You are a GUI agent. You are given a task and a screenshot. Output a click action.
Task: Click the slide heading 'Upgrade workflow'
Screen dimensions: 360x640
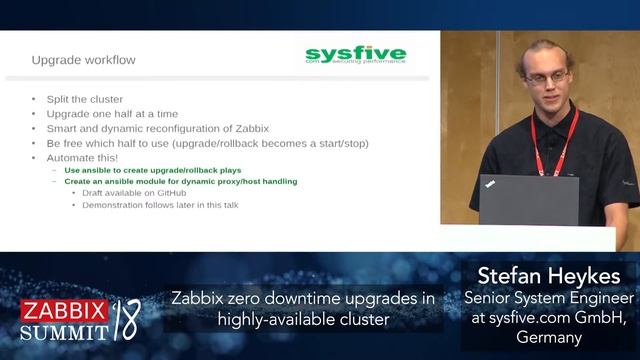point(83,60)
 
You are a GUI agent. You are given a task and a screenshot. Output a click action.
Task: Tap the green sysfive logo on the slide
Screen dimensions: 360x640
point(356,54)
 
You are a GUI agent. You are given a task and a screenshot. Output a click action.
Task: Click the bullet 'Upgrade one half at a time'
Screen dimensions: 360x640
point(112,114)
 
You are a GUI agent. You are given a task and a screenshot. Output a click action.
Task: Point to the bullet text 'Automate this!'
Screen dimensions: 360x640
point(81,158)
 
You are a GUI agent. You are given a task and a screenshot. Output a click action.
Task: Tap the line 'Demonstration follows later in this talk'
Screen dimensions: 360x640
point(160,205)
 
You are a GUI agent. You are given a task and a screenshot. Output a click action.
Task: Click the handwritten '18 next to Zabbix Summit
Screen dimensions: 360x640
point(126,319)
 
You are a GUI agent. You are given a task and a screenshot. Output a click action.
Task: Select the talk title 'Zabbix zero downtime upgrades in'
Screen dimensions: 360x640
point(302,298)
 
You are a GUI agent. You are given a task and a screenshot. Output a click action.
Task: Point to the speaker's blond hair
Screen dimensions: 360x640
point(540,48)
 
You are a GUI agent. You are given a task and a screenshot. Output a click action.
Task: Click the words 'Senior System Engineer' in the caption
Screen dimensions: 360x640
point(548,298)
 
